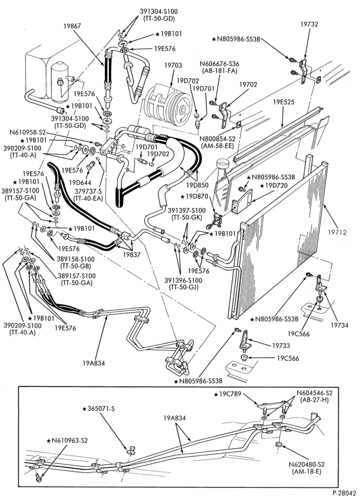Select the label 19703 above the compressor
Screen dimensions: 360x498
click(173, 65)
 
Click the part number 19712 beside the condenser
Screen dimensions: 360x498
click(337, 232)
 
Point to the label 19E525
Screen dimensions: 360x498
click(283, 102)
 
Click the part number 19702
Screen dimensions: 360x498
click(248, 84)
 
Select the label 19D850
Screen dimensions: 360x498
click(197, 185)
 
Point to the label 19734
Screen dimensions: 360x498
click(339, 325)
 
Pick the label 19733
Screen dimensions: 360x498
click(281, 345)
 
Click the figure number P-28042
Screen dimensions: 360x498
click(345, 493)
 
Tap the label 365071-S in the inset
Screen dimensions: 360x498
click(98, 408)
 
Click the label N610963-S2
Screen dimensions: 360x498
click(67, 440)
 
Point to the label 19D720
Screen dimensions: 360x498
click(276, 185)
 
